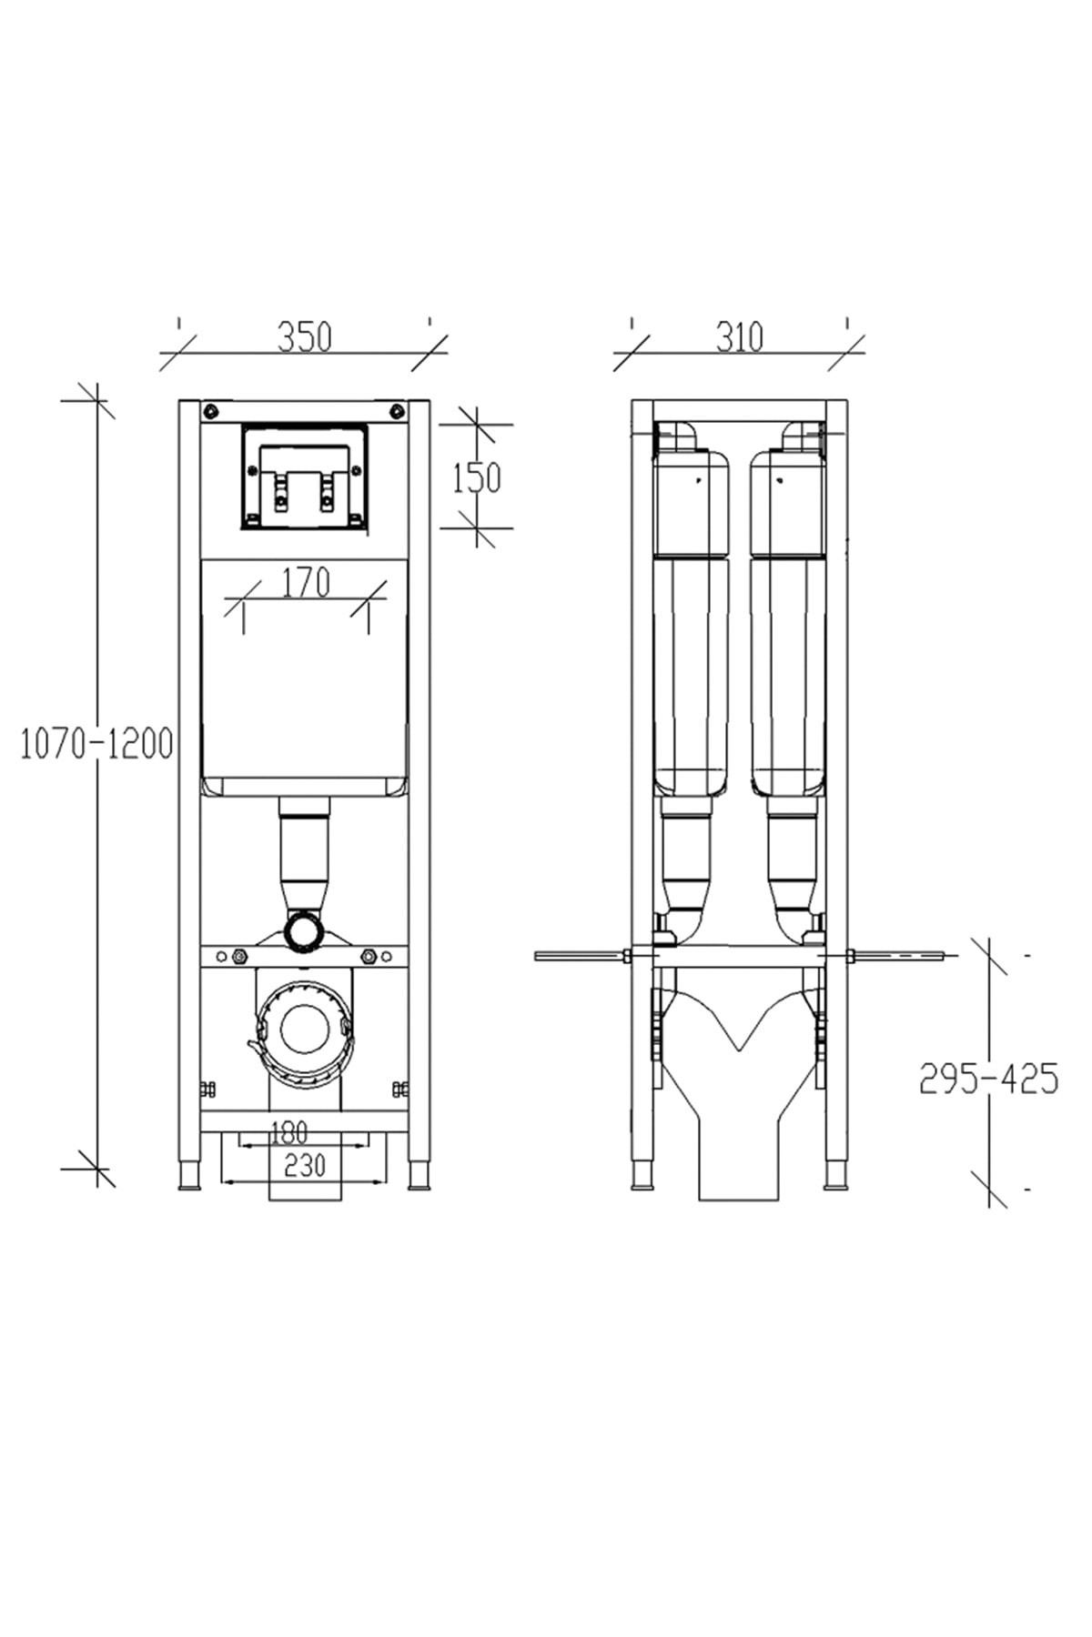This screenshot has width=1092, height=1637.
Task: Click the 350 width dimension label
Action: coord(305,337)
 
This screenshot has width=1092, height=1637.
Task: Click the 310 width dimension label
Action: coord(739,338)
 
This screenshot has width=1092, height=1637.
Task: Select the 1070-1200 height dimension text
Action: coord(96,745)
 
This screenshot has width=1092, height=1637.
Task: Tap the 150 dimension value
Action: coord(477,477)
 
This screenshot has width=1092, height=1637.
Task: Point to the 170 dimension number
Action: coord(305,584)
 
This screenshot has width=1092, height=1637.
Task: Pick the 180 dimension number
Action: coord(289,1133)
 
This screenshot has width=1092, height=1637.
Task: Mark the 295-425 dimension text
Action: coord(988,1080)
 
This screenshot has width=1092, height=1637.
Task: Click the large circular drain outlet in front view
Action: coord(304,1030)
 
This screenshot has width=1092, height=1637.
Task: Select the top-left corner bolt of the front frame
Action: coord(211,411)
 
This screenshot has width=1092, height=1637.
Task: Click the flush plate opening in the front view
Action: coord(305,477)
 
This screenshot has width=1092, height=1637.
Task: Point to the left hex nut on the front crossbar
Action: coord(240,956)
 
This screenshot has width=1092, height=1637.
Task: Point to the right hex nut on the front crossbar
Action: coord(369,956)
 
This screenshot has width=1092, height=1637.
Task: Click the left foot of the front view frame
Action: coord(189,1177)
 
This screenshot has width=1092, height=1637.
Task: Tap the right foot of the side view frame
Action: coord(836,1177)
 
